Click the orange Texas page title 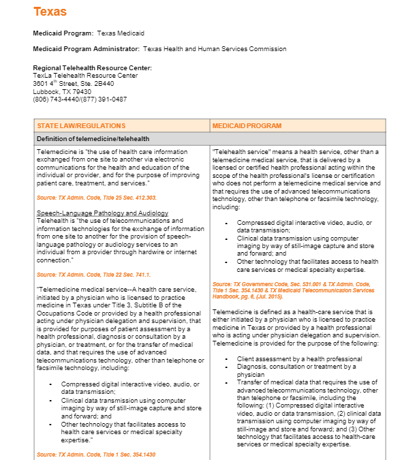50,12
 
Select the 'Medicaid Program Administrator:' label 86,49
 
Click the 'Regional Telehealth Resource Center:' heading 92,68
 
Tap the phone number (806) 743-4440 56,99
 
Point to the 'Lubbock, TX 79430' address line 62,91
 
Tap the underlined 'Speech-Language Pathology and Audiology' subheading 102,213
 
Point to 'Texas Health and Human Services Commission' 215,49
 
